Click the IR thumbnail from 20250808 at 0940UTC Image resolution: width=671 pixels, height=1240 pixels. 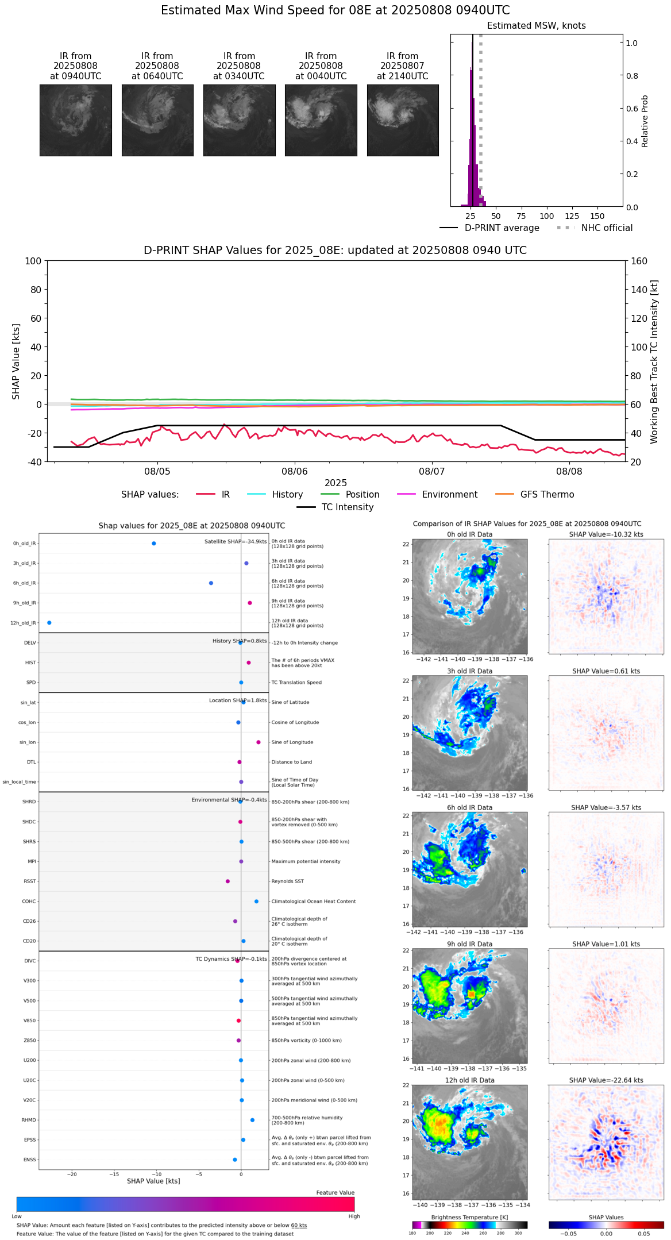tap(75, 120)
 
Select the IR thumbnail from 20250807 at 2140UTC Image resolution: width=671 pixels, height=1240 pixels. tap(403, 120)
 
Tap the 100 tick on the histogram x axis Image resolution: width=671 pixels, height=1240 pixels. tap(546, 216)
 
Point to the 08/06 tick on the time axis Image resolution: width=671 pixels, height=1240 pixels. tap(295, 471)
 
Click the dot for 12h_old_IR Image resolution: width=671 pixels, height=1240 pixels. tap(49, 623)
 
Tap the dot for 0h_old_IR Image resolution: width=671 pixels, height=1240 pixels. tap(153, 544)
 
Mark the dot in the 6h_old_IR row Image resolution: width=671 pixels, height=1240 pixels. tap(211, 583)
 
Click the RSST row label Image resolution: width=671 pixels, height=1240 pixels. tap(30, 881)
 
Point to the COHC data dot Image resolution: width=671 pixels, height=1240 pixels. tap(256, 902)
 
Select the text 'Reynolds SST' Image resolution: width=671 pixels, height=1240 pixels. tap(287, 881)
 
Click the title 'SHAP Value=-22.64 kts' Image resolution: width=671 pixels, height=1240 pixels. tap(606, 1080)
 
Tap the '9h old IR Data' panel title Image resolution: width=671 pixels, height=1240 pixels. tap(469, 944)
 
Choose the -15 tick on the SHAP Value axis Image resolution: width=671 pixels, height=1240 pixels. tap(114, 1174)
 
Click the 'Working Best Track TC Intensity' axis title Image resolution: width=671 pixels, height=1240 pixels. tap(654, 362)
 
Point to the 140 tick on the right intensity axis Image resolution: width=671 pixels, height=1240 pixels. tap(639, 290)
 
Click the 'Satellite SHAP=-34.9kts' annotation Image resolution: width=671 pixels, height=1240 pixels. tap(236, 542)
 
